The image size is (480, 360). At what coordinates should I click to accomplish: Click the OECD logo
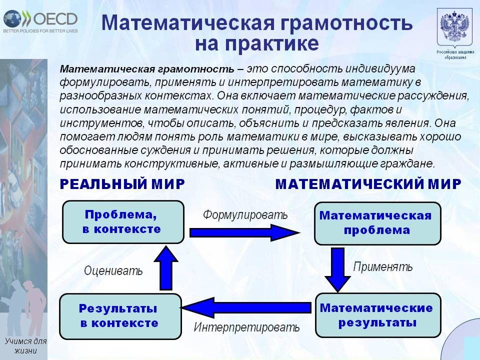tap(40, 18)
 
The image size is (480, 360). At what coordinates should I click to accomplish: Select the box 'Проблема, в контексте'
tap(122, 221)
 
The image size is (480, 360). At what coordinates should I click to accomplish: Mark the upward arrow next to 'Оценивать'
tap(165, 268)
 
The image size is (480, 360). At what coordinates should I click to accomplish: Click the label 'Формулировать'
tap(245, 215)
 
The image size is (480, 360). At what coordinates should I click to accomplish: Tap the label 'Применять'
tap(383, 266)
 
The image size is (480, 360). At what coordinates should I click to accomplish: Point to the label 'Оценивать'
tap(113, 271)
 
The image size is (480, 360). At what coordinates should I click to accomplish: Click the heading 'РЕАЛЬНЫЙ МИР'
tap(122, 184)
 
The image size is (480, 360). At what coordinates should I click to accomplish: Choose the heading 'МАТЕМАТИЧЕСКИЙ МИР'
tap(368, 184)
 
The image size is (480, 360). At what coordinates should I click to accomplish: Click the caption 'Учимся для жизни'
tap(25, 345)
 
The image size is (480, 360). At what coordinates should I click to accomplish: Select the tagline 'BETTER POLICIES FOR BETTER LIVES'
tap(40, 31)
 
